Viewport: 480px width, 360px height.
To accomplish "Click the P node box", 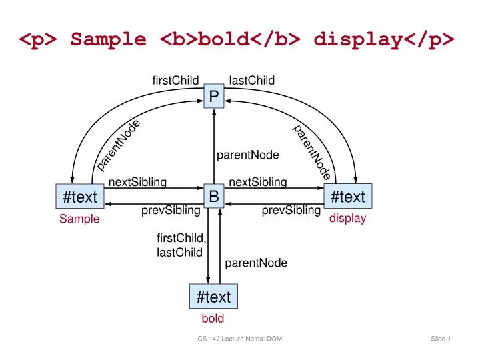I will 214,97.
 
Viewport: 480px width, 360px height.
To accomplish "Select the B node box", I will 214,196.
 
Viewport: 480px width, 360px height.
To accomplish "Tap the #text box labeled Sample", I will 79,197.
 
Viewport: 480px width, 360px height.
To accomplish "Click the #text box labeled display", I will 347,197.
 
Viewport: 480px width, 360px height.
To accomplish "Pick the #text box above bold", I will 213,296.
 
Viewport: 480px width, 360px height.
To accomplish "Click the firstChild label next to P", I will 175,81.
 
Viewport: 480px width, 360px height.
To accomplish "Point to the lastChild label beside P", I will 252,81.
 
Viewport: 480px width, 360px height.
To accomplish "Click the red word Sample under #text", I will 79,219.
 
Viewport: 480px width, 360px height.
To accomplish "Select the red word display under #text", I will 348,219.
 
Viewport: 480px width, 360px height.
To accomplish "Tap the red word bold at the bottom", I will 213,319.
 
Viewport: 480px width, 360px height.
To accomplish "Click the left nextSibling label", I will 137,182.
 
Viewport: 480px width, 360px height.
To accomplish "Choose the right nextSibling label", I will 257,182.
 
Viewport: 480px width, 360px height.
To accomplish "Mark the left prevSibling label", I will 171,211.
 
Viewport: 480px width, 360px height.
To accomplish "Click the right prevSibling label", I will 291,211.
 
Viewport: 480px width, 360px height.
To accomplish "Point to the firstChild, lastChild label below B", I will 181,245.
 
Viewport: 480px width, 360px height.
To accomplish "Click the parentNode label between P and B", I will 247,155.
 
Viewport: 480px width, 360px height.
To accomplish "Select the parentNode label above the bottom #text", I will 256,263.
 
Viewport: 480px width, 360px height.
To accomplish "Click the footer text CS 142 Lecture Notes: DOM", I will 239,339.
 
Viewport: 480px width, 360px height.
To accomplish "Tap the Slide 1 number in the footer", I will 441,339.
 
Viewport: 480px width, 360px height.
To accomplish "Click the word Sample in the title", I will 109,39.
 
